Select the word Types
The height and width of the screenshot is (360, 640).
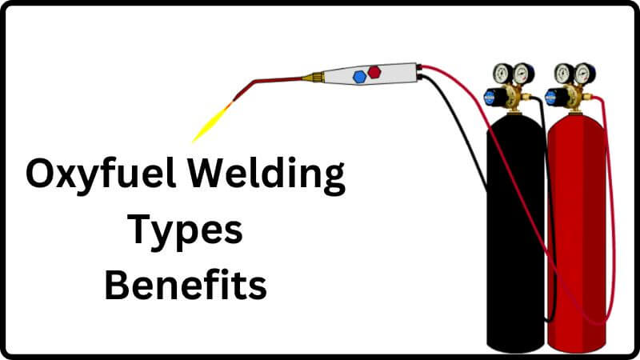click(x=186, y=230)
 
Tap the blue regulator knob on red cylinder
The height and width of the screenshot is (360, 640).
click(x=552, y=98)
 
